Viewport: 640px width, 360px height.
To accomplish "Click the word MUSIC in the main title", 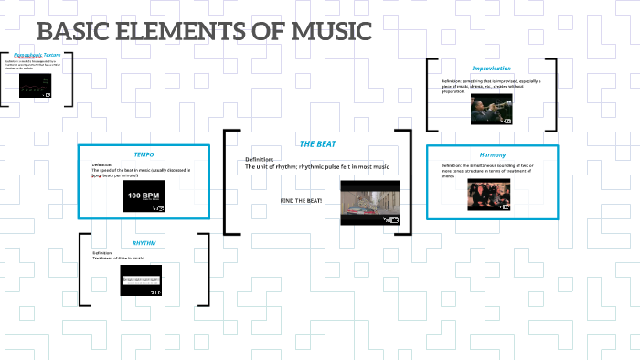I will [330, 32].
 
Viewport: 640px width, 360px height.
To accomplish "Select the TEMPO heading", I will [144, 154].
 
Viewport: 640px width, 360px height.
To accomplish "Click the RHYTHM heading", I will [144, 243].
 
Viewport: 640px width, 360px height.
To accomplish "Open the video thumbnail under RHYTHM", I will [141, 280].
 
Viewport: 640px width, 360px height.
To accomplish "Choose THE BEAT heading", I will [318, 144].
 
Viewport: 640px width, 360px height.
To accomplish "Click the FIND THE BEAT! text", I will [303, 200].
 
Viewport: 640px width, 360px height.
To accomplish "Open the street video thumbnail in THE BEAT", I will [370, 202].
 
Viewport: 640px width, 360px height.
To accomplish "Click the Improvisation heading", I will [491, 69].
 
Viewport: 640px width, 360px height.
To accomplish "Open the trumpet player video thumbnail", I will [491, 105].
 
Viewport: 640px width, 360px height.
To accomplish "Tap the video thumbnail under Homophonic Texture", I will [36, 88].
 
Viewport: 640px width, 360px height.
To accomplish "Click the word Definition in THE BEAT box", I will [260, 159].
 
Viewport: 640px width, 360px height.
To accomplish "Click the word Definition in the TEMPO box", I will [101, 165].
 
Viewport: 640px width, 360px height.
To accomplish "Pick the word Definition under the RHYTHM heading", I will [102, 252].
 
